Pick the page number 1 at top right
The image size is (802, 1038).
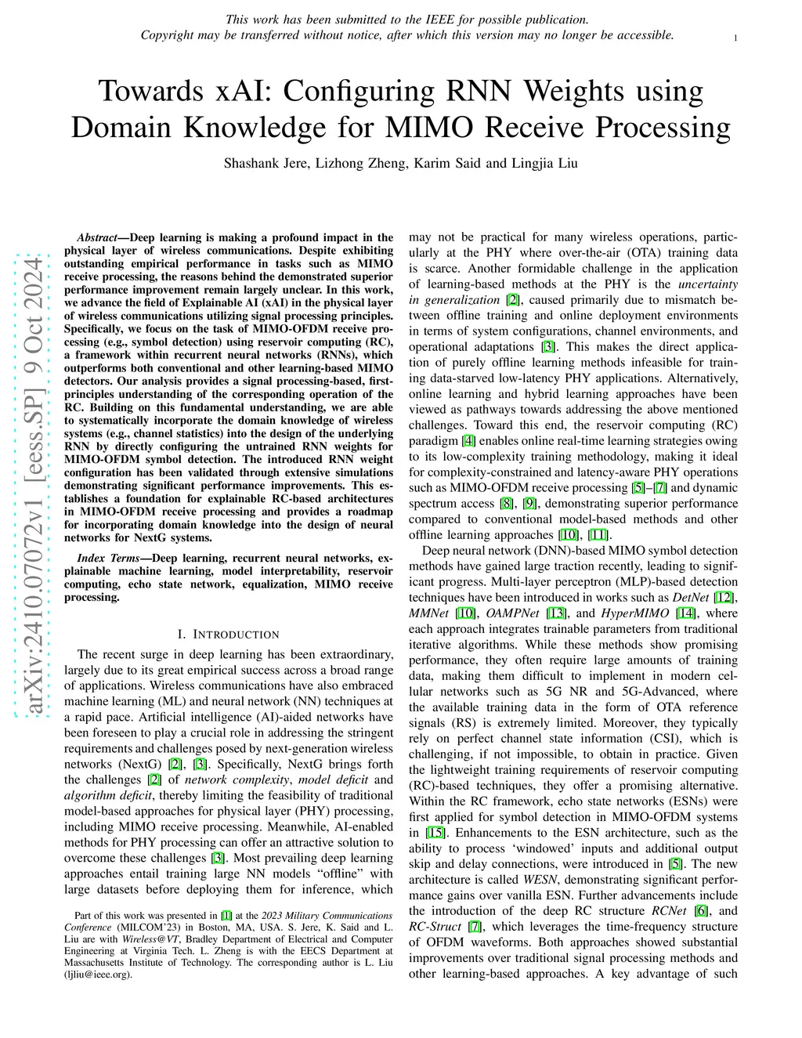(736, 38)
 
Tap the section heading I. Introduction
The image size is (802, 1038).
(229, 634)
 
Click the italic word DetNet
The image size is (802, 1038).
(691, 598)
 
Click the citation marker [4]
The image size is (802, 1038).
(468, 441)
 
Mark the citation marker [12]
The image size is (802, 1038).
(728, 598)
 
